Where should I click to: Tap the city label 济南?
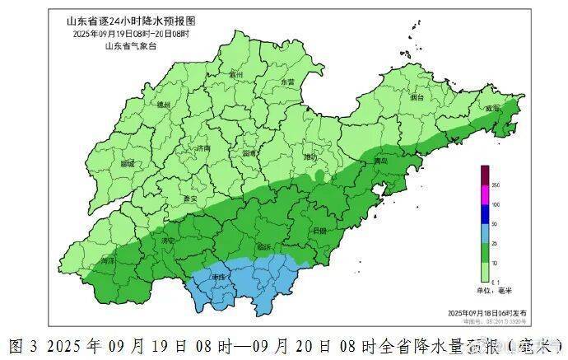click(x=203, y=149)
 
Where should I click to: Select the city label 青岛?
click(x=380, y=161)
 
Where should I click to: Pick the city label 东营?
click(x=287, y=82)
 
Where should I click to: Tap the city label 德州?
click(x=163, y=105)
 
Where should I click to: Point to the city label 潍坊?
click(x=310, y=157)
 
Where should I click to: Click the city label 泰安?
click(x=190, y=199)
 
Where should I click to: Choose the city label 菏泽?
click(x=107, y=260)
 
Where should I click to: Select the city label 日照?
click(x=319, y=231)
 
